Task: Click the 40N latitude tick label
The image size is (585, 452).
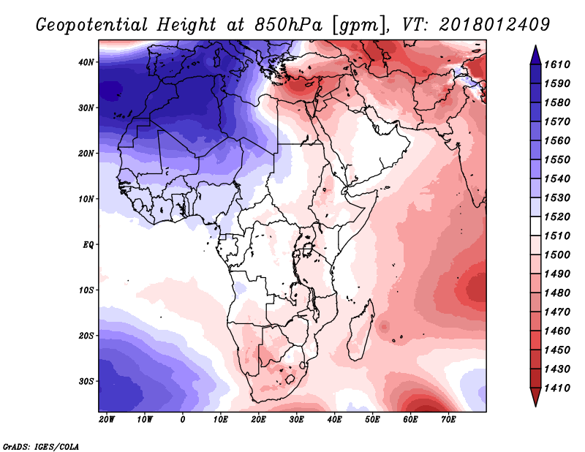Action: [x=86, y=62]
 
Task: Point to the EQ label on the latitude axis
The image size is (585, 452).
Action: [x=88, y=245]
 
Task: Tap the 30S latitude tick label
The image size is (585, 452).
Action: [x=86, y=382]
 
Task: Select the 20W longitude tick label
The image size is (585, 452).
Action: [x=107, y=420]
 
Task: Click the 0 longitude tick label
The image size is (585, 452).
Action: [x=182, y=420]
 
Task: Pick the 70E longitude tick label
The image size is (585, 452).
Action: [x=448, y=420]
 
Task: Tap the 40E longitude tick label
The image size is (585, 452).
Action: [x=334, y=420]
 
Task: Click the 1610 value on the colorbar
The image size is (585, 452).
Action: [x=557, y=64]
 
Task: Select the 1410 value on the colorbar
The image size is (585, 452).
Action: [x=557, y=388]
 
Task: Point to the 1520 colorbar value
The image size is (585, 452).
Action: [x=557, y=216]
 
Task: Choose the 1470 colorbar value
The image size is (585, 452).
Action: [x=557, y=312]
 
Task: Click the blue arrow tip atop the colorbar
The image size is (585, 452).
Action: [x=535, y=46]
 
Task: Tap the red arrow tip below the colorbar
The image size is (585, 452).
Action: [x=535, y=405]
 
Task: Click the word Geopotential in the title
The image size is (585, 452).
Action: [x=92, y=25]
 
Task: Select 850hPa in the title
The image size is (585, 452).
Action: [x=288, y=25]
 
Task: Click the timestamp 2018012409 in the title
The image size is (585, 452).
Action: [x=494, y=24]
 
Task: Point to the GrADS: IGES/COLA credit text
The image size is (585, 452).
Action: [x=41, y=447]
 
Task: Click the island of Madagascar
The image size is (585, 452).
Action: [x=361, y=332]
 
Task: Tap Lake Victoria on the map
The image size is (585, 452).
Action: [x=307, y=248]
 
